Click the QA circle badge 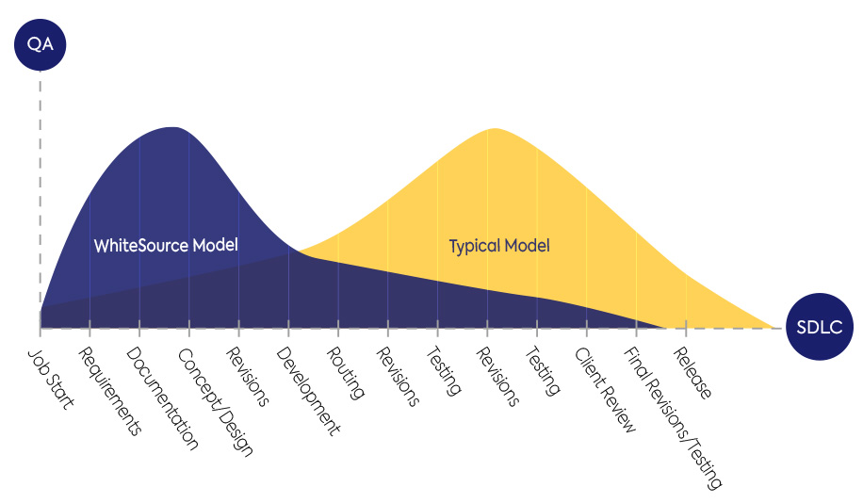coord(41,44)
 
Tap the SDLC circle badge coord(820,327)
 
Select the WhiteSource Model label coord(166,245)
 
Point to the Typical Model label coord(499,246)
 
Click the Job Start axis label coord(51,380)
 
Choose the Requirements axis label coord(109,391)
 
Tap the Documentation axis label coord(162,399)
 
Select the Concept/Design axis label coord(215,402)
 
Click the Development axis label coord(308,391)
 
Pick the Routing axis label coord(345,373)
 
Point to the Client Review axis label coord(605,390)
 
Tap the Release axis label coord(692,373)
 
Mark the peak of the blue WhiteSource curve coord(172,127)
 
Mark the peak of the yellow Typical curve coord(495,128)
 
